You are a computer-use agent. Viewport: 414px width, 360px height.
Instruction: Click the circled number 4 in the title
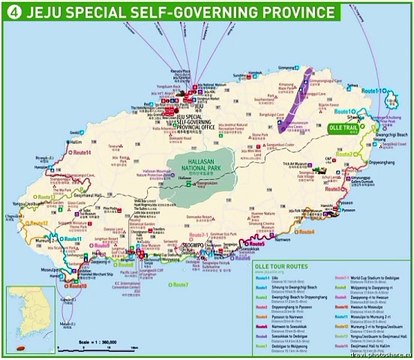click(13, 12)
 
